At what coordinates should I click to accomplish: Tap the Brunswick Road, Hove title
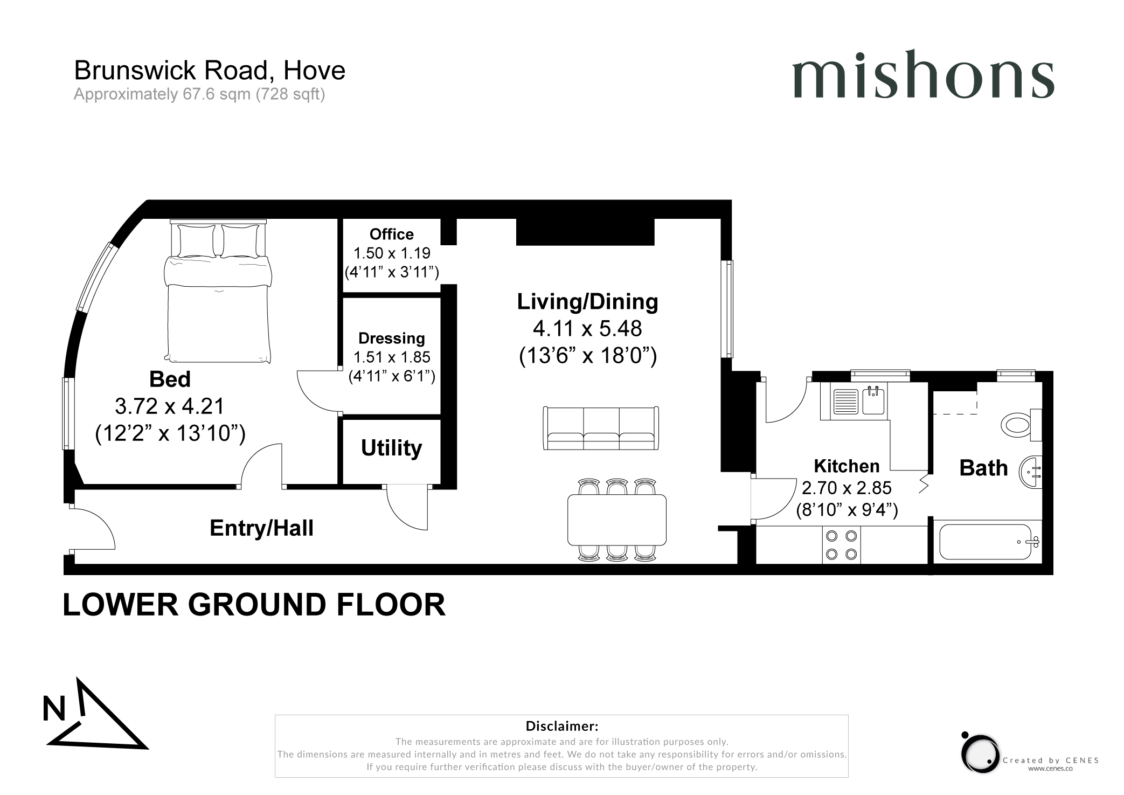tap(210, 71)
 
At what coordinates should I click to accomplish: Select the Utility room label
tap(392, 448)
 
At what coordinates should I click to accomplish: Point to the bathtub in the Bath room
tap(989, 542)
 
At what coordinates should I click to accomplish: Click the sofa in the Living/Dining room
tap(601, 428)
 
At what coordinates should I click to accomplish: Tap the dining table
tap(617, 520)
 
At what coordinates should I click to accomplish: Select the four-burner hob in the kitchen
tap(841, 545)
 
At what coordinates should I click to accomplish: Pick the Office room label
tap(392, 234)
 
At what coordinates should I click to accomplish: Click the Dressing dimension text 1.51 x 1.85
tap(392, 357)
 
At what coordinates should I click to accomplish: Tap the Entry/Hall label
tap(261, 528)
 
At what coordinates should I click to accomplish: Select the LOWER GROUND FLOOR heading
tap(254, 605)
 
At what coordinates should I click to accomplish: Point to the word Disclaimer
tap(562, 725)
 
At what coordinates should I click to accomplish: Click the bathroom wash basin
tap(1031, 472)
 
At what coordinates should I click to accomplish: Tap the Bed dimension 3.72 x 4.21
tap(170, 406)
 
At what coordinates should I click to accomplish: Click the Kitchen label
tap(847, 466)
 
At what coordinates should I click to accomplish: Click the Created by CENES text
tap(1051, 761)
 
